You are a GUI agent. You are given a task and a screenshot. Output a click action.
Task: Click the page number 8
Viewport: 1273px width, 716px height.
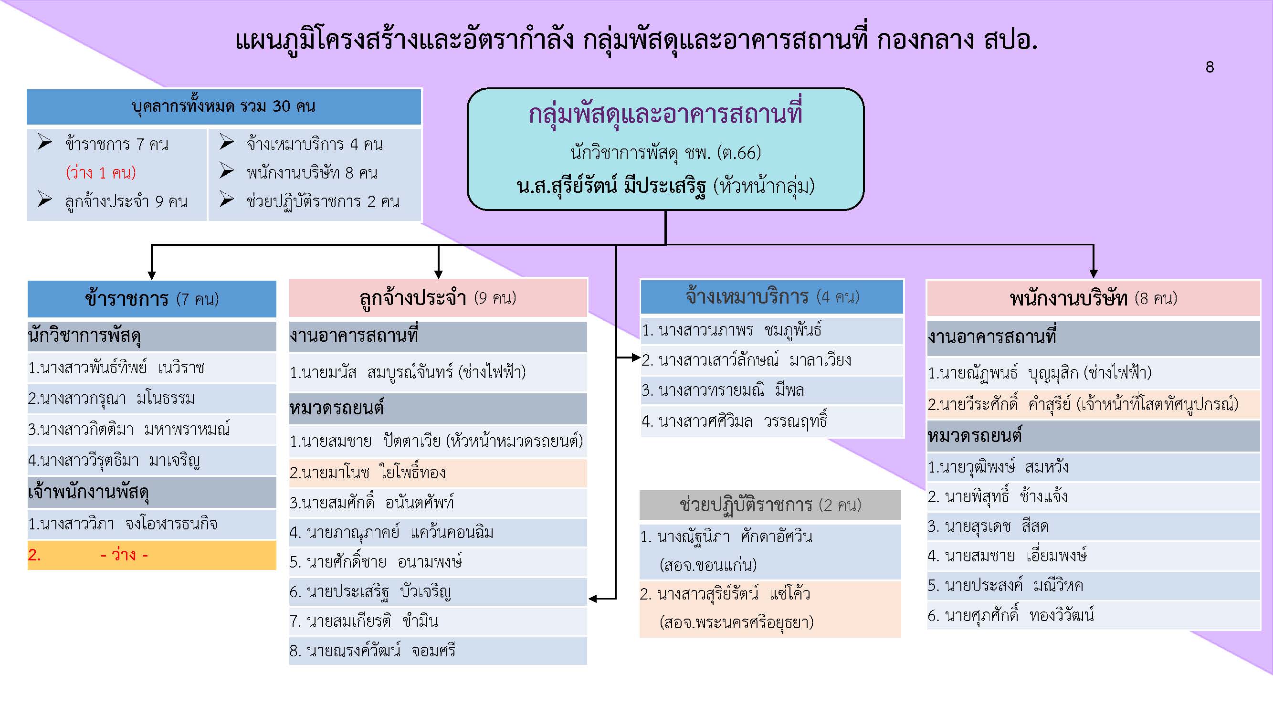click(1209, 67)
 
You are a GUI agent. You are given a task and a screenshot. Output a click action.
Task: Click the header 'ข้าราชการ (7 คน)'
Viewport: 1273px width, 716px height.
click(152, 299)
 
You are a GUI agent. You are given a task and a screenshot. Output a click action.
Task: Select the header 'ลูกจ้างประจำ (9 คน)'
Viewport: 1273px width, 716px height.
click(438, 298)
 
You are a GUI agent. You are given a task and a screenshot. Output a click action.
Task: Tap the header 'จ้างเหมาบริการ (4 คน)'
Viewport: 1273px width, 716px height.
click(772, 296)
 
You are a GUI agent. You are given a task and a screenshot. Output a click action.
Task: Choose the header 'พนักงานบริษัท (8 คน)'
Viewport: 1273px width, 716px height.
click(1093, 298)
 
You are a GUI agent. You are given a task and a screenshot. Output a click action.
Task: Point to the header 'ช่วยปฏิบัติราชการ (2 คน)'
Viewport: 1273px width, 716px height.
click(770, 505)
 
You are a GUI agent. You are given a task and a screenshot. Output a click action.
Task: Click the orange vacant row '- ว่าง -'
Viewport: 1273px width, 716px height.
click(152, 555)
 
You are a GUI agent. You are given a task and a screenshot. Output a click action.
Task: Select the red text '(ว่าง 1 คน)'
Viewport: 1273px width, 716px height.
click(101, 173)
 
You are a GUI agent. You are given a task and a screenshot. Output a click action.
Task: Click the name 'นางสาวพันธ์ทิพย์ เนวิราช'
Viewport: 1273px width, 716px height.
click(116, 368)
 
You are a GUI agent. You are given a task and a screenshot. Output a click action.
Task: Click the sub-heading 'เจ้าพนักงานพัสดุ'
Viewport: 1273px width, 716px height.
click(89, 492)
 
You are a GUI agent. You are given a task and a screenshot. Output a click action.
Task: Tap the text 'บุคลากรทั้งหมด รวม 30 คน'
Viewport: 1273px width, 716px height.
click(223, 106)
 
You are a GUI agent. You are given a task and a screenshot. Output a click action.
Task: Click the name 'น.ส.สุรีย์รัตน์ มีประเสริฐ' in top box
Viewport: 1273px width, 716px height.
click(611, 186)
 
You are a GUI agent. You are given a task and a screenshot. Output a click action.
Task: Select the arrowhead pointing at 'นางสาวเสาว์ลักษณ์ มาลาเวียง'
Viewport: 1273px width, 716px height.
click(636, 357)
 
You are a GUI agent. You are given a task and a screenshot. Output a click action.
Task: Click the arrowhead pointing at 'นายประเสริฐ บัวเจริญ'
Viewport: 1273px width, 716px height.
click(593, 599)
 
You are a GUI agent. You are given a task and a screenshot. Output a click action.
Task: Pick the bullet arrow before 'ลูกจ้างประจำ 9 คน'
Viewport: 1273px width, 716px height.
click(45, 200)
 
